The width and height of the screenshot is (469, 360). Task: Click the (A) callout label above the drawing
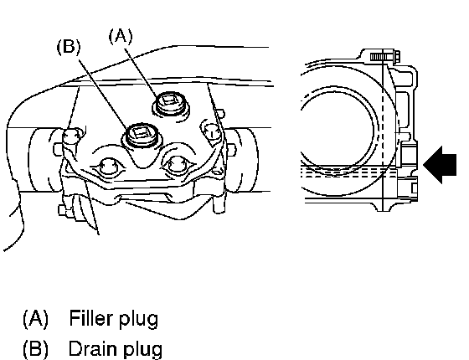coord(121,36)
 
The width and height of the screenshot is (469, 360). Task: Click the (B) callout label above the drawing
coord(69,47)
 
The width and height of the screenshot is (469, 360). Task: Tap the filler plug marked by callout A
coord(171,103)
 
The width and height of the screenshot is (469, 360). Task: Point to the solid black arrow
coord(440,165)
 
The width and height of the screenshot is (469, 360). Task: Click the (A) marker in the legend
coord(35,319)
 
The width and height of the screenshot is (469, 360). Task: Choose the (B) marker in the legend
coord(35,349)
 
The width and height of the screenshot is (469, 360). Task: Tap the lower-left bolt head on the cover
coord(107,167)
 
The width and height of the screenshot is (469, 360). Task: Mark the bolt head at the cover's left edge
coord(71,136)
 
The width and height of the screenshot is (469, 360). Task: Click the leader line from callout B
coord(103,94)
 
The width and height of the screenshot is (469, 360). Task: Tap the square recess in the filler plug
coord(170,100)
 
